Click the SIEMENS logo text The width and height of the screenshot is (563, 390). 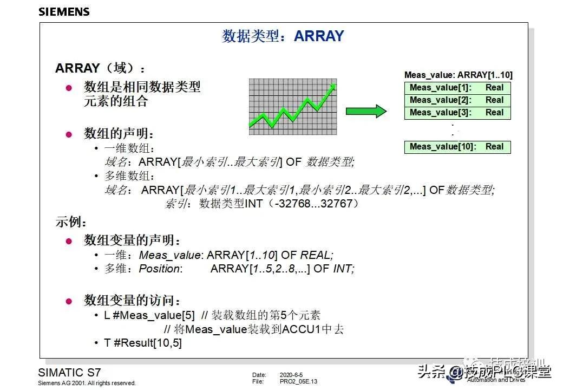(64, 11)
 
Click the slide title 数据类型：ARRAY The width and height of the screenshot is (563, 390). (283, 36)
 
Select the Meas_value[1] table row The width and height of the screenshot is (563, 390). (457, 88)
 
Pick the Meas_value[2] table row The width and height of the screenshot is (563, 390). (457, 100)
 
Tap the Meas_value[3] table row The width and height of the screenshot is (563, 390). (457, 113)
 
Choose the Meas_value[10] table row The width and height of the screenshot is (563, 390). (457, 147)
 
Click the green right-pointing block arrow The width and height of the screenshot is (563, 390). (366, 112)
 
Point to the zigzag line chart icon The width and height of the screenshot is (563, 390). (292, 107)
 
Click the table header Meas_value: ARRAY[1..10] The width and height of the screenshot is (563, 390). (458, 75)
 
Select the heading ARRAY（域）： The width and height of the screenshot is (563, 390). (101, 69)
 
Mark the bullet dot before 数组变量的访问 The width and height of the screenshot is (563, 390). (69, 302)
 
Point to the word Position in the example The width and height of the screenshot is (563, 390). (160, 269)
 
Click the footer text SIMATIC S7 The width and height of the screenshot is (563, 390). (69, 373)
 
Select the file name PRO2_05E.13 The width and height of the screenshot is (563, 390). (298, 382)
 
